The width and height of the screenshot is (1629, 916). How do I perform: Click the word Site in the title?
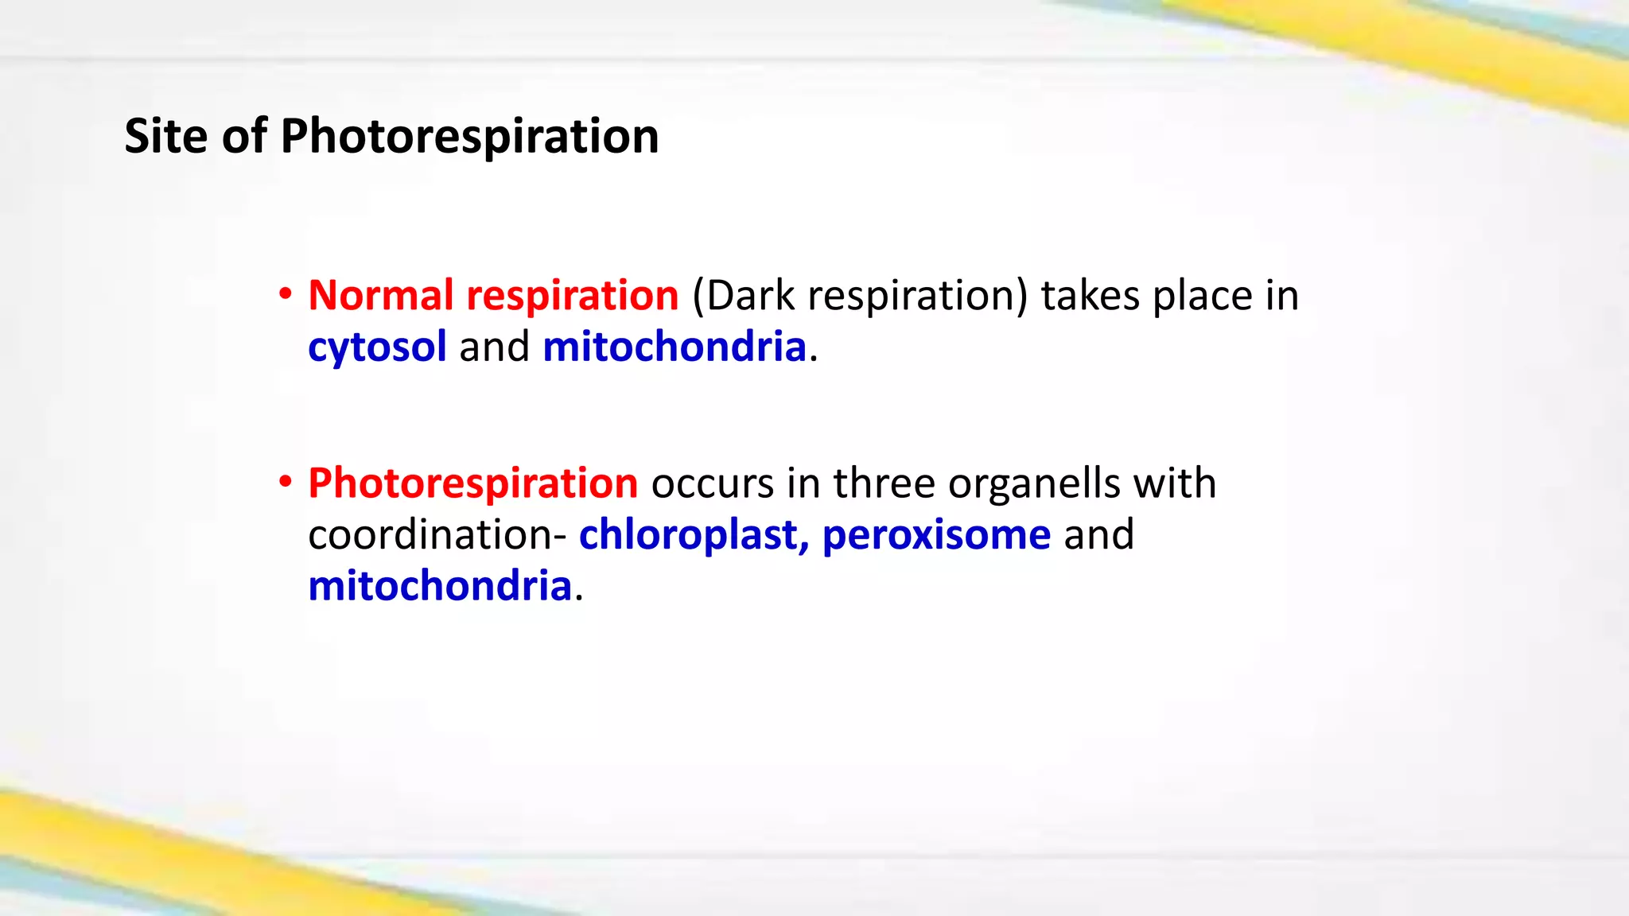(x=165, y=136)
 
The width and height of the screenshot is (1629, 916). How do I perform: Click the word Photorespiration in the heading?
(x=469, y=136)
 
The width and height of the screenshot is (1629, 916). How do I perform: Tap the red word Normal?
(x=380, y=296)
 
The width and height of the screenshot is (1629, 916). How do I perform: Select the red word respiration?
(x=572, y=296)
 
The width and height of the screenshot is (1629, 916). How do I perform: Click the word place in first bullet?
(x=1203, y=296)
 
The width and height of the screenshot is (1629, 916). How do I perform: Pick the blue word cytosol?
(x=377, y=347)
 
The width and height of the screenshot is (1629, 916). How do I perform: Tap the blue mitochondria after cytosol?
(x=675, y=347)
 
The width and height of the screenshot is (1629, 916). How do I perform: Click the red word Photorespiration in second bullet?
(x=472, y=483)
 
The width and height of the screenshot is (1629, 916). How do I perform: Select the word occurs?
(x=712, y=483)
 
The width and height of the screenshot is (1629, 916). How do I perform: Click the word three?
(x=884, y=483)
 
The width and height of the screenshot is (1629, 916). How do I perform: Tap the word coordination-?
(x=437, y=534)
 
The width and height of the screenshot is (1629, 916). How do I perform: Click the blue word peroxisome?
(x=936, y=534)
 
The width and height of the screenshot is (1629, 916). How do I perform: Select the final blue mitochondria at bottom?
(x=440, y=586)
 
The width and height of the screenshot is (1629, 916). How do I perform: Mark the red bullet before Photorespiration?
(x=285, y=483)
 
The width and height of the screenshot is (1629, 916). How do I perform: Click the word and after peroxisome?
(x=1098, y=534)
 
